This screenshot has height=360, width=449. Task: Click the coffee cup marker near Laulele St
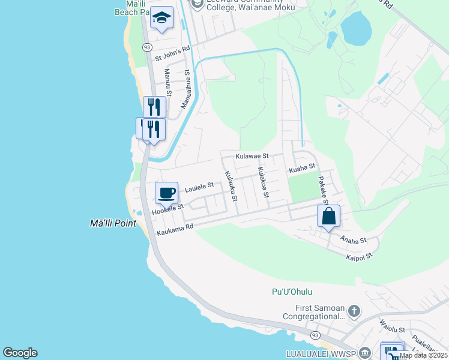[x=167, y=193]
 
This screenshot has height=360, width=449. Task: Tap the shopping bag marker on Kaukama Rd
[x=329, y=216]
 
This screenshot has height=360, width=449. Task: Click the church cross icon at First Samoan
[x=354, y=311]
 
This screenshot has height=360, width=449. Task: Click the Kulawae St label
[x=252, y=156]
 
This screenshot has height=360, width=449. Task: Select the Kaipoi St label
[x=360, y=256]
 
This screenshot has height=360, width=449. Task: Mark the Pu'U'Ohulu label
[x=290, y=292]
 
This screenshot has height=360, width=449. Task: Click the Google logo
[x=20, y=353]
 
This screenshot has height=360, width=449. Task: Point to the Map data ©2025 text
[x=423, y=355]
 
